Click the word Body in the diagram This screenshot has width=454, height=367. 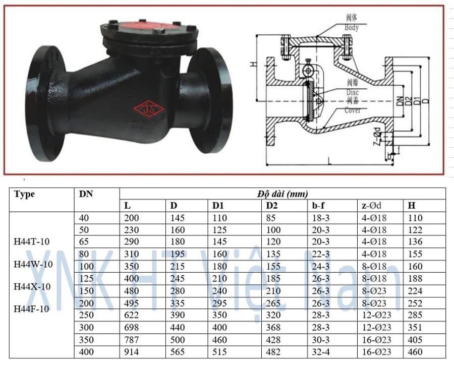tap(352, 28)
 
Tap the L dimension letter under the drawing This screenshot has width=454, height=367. tap(328, 161)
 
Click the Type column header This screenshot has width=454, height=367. tap(25, 194)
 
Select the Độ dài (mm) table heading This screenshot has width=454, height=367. tap(282, 194)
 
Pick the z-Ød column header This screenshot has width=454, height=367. tap(373, 206)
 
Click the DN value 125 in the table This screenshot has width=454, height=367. tap(87, 278)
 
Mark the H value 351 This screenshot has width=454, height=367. tap(415, 327)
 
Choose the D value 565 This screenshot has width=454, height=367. tap(177, 351)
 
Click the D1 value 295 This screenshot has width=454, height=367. tap(220, 303)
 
